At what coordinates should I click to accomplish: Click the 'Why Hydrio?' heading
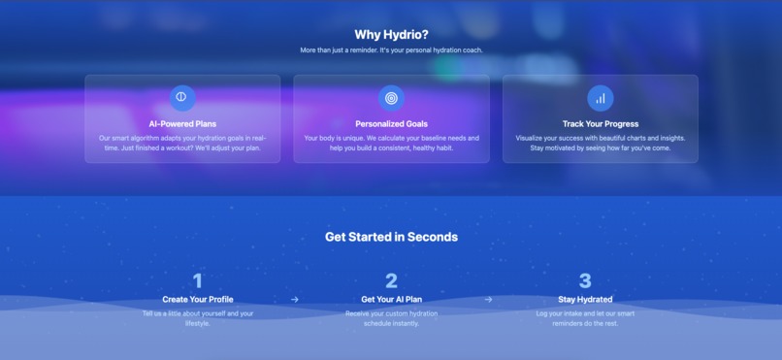(391, 35)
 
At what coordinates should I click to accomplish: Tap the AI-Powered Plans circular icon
(182, 97)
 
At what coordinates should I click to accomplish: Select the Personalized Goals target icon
(391, 97)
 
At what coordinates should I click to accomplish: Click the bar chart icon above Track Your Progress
(600, 97)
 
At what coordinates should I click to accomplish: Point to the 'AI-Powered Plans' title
(182, 124)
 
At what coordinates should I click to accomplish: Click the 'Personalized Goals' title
(391, 124)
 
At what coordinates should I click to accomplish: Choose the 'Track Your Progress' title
(600, 124)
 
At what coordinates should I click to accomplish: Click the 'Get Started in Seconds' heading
(391, 237)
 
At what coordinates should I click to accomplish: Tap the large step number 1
(198, 281)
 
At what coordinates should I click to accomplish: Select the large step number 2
(391, 281)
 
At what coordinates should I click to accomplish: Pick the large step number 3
(585, 281)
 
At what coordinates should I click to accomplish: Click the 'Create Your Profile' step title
(198, 300)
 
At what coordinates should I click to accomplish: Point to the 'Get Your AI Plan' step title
(391, 300)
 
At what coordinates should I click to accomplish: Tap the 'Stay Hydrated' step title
(585, 300)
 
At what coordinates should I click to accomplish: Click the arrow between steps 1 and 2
(295, 300)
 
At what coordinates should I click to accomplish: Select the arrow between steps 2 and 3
(488, 300)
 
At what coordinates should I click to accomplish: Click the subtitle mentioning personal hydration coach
(391, 50)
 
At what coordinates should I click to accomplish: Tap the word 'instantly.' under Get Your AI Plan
(407, 323)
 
